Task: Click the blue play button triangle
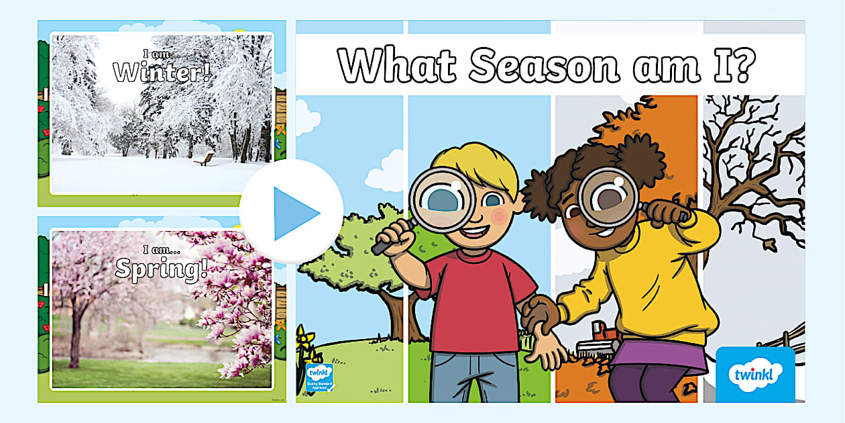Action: coord(294,213)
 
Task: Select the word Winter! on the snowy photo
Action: coord(162,72)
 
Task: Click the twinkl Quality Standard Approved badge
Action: coord(319,378)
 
